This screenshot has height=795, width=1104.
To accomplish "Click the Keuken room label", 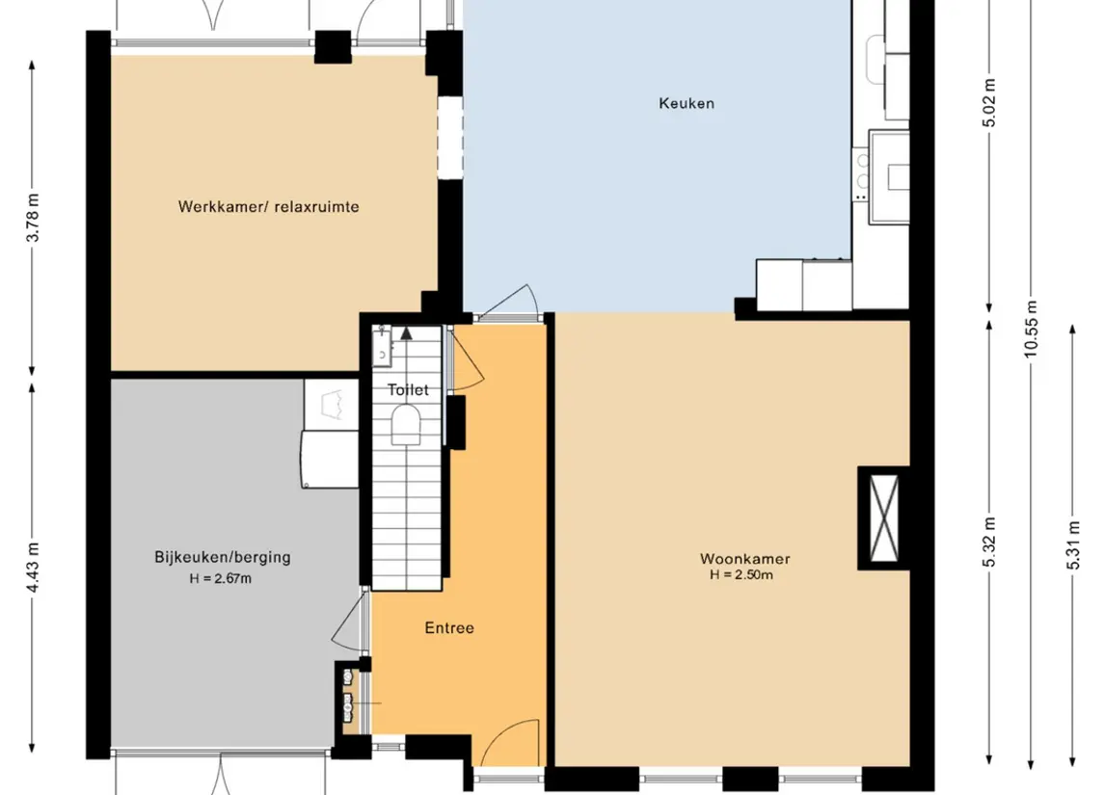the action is (x=687, y=103).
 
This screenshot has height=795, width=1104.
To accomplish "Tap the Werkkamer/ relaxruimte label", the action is (x=268, y=207).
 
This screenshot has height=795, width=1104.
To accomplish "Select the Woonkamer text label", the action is (x=745, y=559).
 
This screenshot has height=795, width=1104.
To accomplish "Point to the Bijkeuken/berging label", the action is (x=223, y=557).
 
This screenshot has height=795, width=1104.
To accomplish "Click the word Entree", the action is (x=449, y=627).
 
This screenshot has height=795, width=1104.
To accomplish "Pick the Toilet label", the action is (x=408, y=389).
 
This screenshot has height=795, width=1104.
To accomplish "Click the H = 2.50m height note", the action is (x=741, y=574).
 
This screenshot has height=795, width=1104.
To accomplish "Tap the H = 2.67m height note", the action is (x=221, y=579).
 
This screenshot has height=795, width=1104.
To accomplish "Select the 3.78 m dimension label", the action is (x=33, y=217).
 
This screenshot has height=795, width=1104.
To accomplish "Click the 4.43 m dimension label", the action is (x=33, y=567).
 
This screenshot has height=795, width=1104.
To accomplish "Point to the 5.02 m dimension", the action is (x=989, y=103).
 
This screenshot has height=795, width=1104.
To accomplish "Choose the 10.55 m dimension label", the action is (x=1031, y=329).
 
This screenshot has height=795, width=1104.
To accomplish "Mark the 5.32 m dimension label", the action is (x=989, y=542).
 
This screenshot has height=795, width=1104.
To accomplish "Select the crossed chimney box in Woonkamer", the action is (x=884, y=518).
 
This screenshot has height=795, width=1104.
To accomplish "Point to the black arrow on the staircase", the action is (x=406, y=332).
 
